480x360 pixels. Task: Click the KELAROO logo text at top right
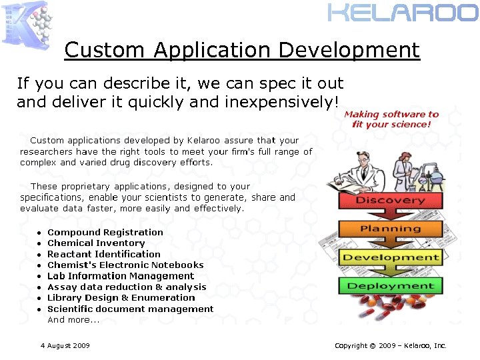pos(403,13)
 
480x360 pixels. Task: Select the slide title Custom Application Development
pos(242,50)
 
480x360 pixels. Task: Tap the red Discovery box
pos(391,201)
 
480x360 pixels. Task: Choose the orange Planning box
pos(391,229)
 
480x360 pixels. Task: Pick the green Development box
pos(391,258)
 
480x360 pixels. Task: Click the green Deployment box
pos(391,286)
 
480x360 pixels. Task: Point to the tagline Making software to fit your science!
pos(391,119)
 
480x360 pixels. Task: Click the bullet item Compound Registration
pos(105,233)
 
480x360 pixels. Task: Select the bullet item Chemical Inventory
pos(96,243)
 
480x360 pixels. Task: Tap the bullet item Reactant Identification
pos(104,254)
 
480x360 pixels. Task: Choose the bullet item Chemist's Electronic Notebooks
pos(125,265)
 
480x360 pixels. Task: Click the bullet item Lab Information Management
pos(121,276)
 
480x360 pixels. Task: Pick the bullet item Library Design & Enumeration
pos(121,298)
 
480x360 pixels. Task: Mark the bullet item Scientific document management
pos(131,309)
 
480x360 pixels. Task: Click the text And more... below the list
pos(73,320)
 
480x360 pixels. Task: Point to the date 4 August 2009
pos(65,345)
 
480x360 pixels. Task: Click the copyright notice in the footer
pos(390,345)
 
